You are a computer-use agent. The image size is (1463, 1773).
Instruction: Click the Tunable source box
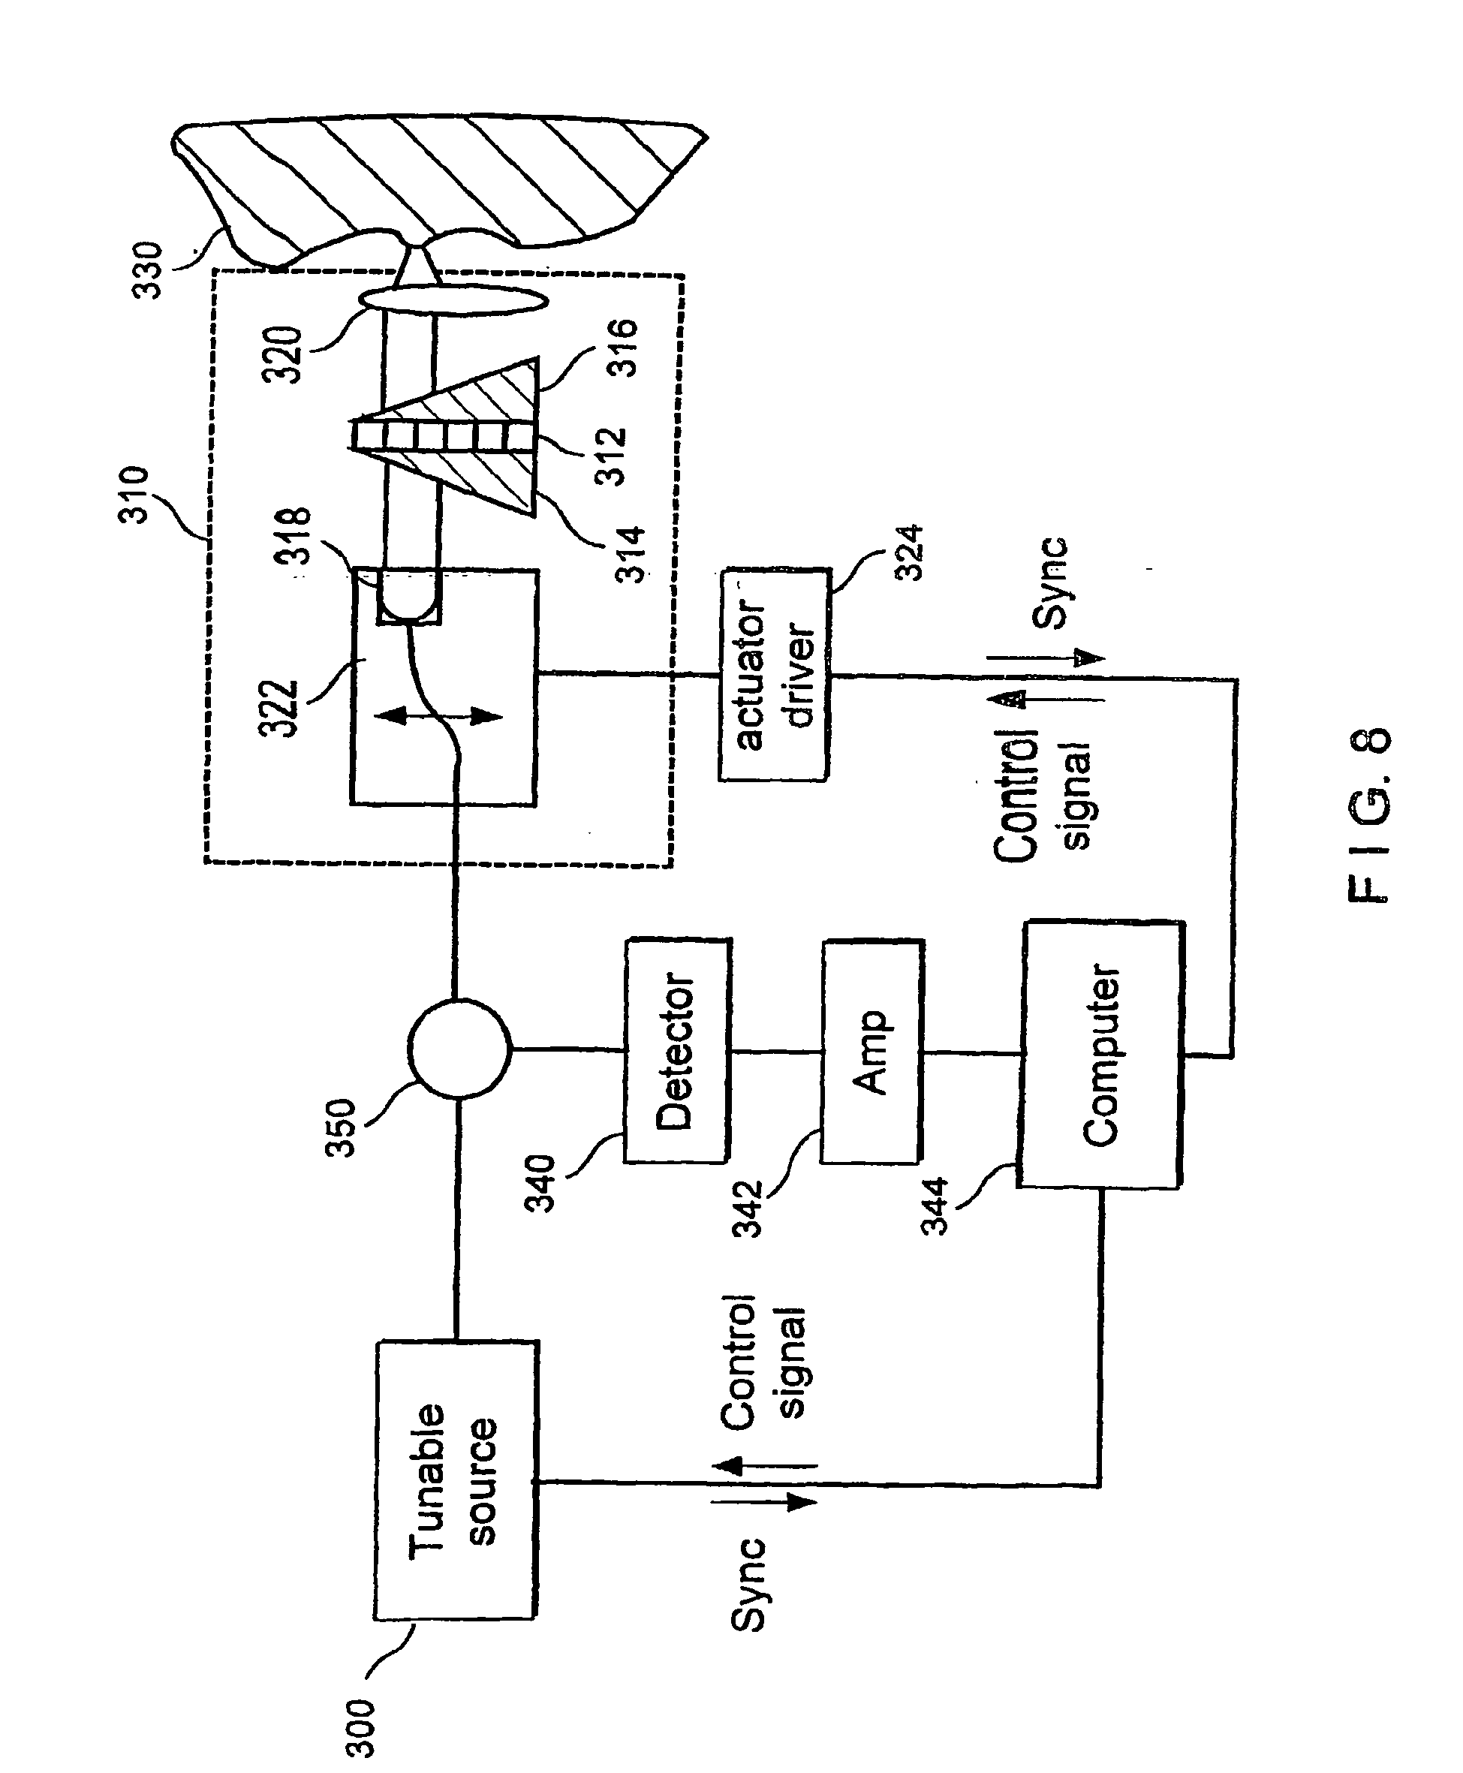pos(455,1479)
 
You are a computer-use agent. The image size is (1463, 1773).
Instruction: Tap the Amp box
pos(871,1052)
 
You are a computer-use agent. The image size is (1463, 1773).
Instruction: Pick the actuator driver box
pos(775,674)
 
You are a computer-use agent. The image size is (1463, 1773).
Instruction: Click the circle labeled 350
pos(459,1049)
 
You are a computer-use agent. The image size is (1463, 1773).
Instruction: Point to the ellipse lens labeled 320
pos(453,300)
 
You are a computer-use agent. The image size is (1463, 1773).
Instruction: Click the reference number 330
pos(149,269)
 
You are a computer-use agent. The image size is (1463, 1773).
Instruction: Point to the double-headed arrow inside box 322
pos(438,717)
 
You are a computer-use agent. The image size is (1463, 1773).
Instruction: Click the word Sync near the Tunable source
pos(747,1585)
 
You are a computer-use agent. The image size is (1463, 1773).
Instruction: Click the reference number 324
pos(911,552)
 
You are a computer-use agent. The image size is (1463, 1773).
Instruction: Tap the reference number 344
pos(935,1206)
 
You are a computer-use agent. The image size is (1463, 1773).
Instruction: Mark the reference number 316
pos(623,348)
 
